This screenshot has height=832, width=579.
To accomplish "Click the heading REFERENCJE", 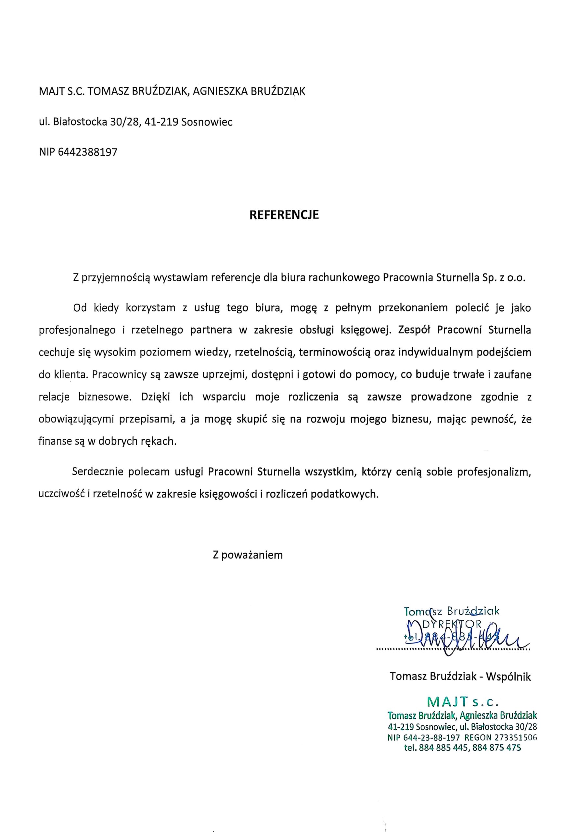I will pos(284,215).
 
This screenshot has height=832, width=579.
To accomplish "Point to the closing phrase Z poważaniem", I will pos(248,555).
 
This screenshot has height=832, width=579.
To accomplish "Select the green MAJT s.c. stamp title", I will pos(463,702).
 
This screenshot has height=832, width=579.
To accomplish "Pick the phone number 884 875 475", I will pos(497,747).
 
